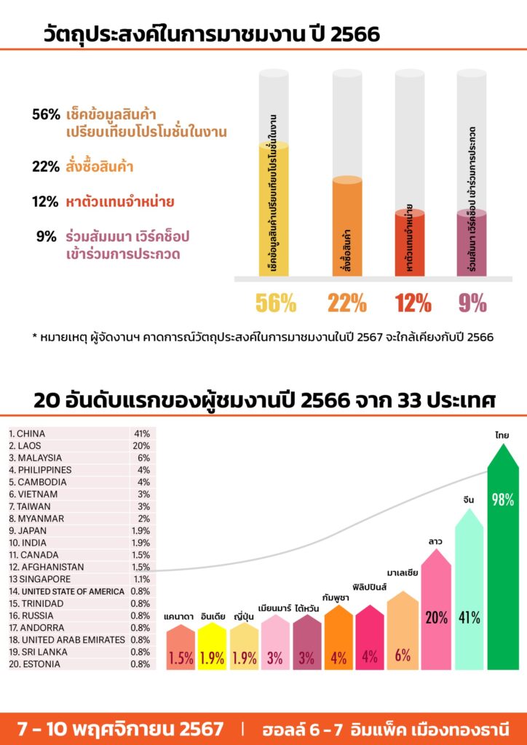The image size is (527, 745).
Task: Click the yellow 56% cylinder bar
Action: pos(274,211)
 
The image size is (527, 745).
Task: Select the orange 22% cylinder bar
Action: pos(347,227)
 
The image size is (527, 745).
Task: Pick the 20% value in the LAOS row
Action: pos(140,446)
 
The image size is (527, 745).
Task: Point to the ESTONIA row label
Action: pos(33,664)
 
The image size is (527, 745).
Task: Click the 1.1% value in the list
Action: pos(140,579)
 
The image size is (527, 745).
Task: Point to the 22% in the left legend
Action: pos(45,167)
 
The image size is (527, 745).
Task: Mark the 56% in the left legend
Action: pos(45,114)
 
